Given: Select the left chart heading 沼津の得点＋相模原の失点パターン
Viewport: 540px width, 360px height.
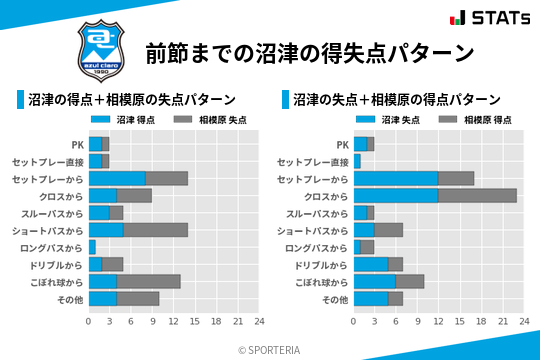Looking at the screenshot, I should click(132, 100).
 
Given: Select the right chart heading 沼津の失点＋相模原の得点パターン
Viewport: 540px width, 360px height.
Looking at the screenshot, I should click(397, 100).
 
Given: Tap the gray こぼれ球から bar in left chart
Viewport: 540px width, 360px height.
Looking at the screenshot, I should click(149, 281).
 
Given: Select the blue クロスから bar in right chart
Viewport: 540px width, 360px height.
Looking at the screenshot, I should click(396, 195).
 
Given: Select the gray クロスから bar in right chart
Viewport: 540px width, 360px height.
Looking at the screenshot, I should click(478, 195).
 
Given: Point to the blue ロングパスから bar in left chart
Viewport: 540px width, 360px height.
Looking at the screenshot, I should click(92, 247).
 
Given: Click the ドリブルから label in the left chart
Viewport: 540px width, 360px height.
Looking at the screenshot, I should click(59, 264).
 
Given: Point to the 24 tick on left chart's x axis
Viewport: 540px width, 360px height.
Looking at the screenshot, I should click(259, 322).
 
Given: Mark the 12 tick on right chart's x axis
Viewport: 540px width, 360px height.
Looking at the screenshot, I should click(438, 322).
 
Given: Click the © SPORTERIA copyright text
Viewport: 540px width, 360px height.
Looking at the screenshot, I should click(270, 350).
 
